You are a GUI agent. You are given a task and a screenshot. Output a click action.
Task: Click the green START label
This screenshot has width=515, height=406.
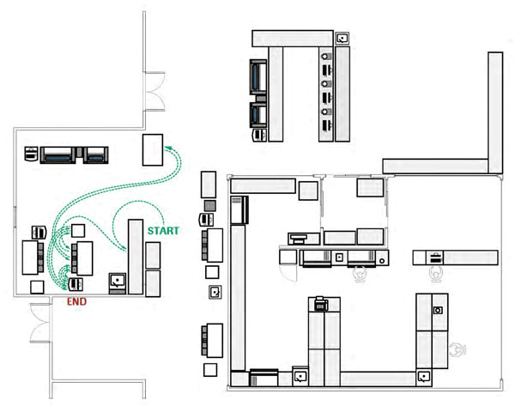click(x=163, y=231)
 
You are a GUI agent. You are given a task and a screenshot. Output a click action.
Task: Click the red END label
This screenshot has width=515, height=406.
click(x=76, y=301)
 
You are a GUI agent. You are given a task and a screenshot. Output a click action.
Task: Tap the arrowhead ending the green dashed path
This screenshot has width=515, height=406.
click(x=167, y=148)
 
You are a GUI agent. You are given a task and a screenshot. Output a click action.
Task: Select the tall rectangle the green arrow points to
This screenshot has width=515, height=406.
click(x=153, y=150)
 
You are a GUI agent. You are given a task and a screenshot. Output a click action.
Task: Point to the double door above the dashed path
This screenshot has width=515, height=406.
click(x=154, y=91)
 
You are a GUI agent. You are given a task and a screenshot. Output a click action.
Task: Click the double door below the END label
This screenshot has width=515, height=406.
click(x=40, y=324)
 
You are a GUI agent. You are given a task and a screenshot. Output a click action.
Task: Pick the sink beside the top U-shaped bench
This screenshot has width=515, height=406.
click(x=342, y=38)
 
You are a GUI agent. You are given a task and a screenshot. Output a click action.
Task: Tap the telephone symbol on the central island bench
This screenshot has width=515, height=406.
click(x=321, y=304)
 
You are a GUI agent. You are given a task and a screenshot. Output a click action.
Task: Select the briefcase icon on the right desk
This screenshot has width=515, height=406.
click(x=434, y=258)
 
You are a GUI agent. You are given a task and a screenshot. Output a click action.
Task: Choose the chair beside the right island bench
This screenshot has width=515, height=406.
click(x=457, y=350)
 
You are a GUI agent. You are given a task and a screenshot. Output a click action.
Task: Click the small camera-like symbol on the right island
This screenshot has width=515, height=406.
click(x=438, y=310)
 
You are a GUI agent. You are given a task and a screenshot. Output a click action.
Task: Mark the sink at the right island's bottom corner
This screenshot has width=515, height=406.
click(x=423, y=377)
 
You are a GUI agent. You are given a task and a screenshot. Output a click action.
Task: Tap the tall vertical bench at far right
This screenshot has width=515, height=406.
click(x=495, y=112)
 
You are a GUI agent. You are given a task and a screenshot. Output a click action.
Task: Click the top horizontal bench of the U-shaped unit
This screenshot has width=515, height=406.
click(x=293, y=39)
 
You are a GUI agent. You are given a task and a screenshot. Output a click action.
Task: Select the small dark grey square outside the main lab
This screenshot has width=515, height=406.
click(x=210, y=206)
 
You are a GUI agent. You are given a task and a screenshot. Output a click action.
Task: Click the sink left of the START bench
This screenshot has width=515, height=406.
click(x=118, y=283)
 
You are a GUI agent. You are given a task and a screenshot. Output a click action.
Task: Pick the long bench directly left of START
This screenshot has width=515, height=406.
click(x=136, y=257)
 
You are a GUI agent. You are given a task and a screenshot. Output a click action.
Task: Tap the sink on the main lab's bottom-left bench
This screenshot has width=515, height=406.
click(x=300, y=377)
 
